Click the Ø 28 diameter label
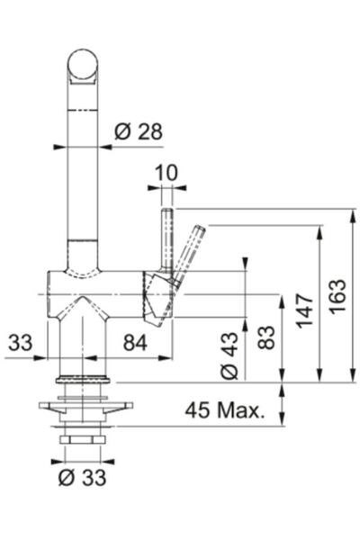coord(138,131)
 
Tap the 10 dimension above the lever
coord(166,173)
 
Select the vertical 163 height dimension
coord(337,296)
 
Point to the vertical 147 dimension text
coord(305,310)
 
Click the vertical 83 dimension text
coord(267,337)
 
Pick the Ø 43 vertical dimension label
coord(229,355)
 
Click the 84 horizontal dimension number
coord(135,343)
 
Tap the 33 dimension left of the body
coord(21,343)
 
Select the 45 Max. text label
coord(225,410)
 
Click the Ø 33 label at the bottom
coord(82,478)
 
